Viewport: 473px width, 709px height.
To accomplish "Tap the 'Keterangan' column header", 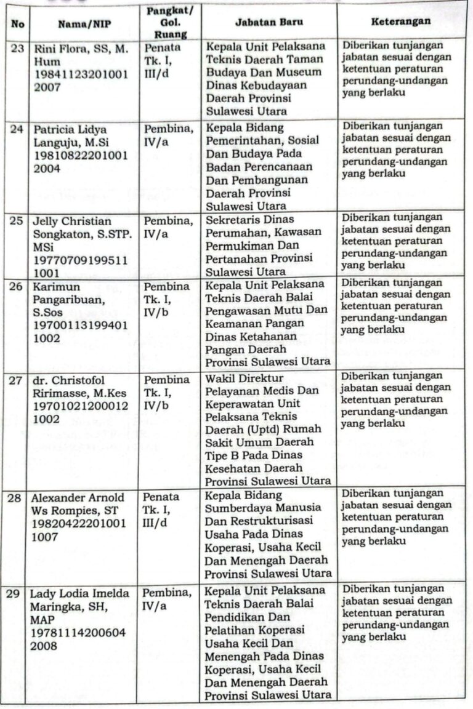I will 401,22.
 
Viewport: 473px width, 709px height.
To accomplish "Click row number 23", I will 17,49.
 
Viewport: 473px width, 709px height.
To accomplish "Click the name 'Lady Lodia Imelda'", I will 81,594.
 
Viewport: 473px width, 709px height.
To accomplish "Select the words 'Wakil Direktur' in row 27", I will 245,377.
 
